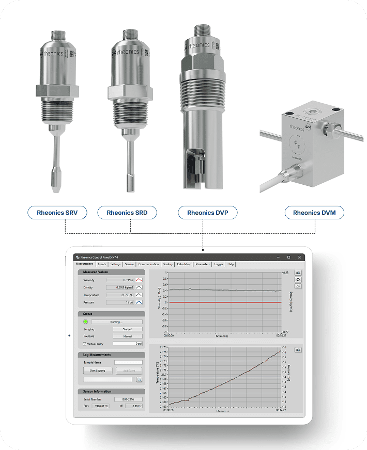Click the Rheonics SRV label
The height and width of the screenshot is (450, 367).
pos(57,213)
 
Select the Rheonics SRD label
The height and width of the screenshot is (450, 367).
pos(131,213)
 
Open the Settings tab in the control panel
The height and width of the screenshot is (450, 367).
pos(115,264)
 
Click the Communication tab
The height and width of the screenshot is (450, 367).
pos(149,264)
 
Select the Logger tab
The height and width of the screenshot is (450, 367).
pos(219,264)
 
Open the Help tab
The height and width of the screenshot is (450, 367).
pos(231,264)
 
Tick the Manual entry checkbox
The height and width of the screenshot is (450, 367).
pos(85,343)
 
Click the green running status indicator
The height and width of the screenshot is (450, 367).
pos(85,322)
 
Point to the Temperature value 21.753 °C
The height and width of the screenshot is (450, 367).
pos(120,295)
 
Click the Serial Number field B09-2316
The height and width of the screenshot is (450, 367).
pos(129,399)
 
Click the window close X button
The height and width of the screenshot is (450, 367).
pos(299,256)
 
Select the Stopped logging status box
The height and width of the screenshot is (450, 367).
pos(127,329)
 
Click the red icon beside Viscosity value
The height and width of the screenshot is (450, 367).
pos(139,280)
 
